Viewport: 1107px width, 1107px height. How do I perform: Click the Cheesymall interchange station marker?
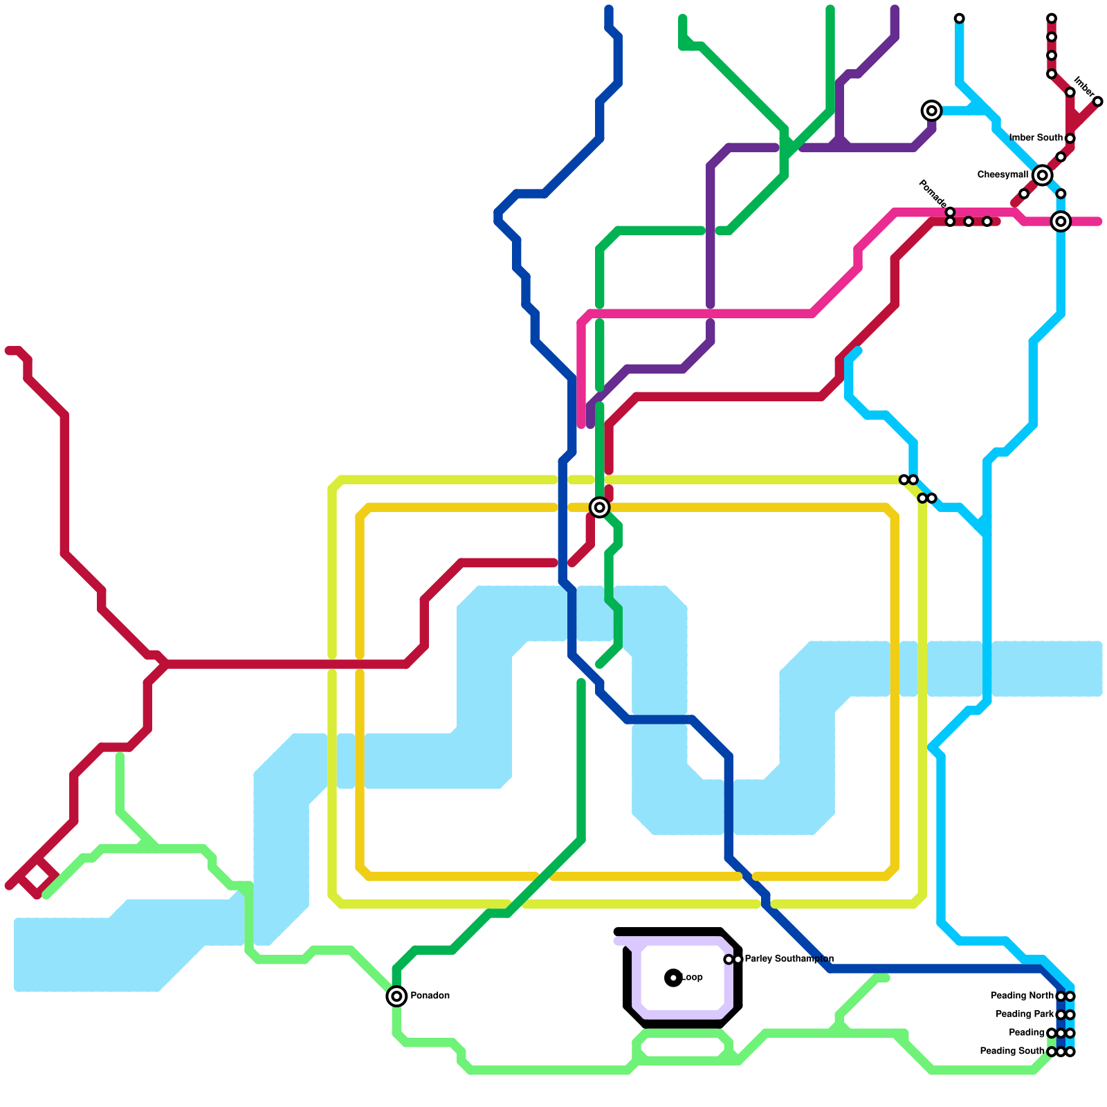[x=1042, y=175]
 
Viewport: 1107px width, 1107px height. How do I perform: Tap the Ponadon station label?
[x=430, y=996]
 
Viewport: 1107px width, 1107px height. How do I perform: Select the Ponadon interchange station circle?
[x=396, y=996]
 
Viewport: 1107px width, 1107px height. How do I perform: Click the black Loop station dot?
[x=673, y=978]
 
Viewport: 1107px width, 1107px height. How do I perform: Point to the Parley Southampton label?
[x=789, y=959]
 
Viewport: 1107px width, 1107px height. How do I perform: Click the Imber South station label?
[x=1036, y=138]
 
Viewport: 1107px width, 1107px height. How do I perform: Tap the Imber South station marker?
[x=1070, y=138]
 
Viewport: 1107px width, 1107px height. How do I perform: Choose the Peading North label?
[x=1022, y=996]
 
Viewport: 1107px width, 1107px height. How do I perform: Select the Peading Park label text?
[x=1025, y=1014]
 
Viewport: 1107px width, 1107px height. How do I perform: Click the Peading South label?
[x=1012, y=1051]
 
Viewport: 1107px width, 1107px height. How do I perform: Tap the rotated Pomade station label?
[x=932, y=193]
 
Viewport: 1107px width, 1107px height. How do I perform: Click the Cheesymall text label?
[x=1003, y=174]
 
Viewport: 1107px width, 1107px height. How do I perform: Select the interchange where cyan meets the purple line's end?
[x=932, y=111]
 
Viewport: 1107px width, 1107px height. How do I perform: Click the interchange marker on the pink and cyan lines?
[x=1061, y=221]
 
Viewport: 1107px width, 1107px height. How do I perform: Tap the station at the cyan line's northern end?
[x=959, y=18]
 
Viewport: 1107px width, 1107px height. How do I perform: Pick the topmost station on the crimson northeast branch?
[x=1052, y=18]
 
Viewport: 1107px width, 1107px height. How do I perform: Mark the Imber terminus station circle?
[x=1097, y=102]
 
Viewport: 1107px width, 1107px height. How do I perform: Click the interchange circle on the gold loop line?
[x=600, y=507]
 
